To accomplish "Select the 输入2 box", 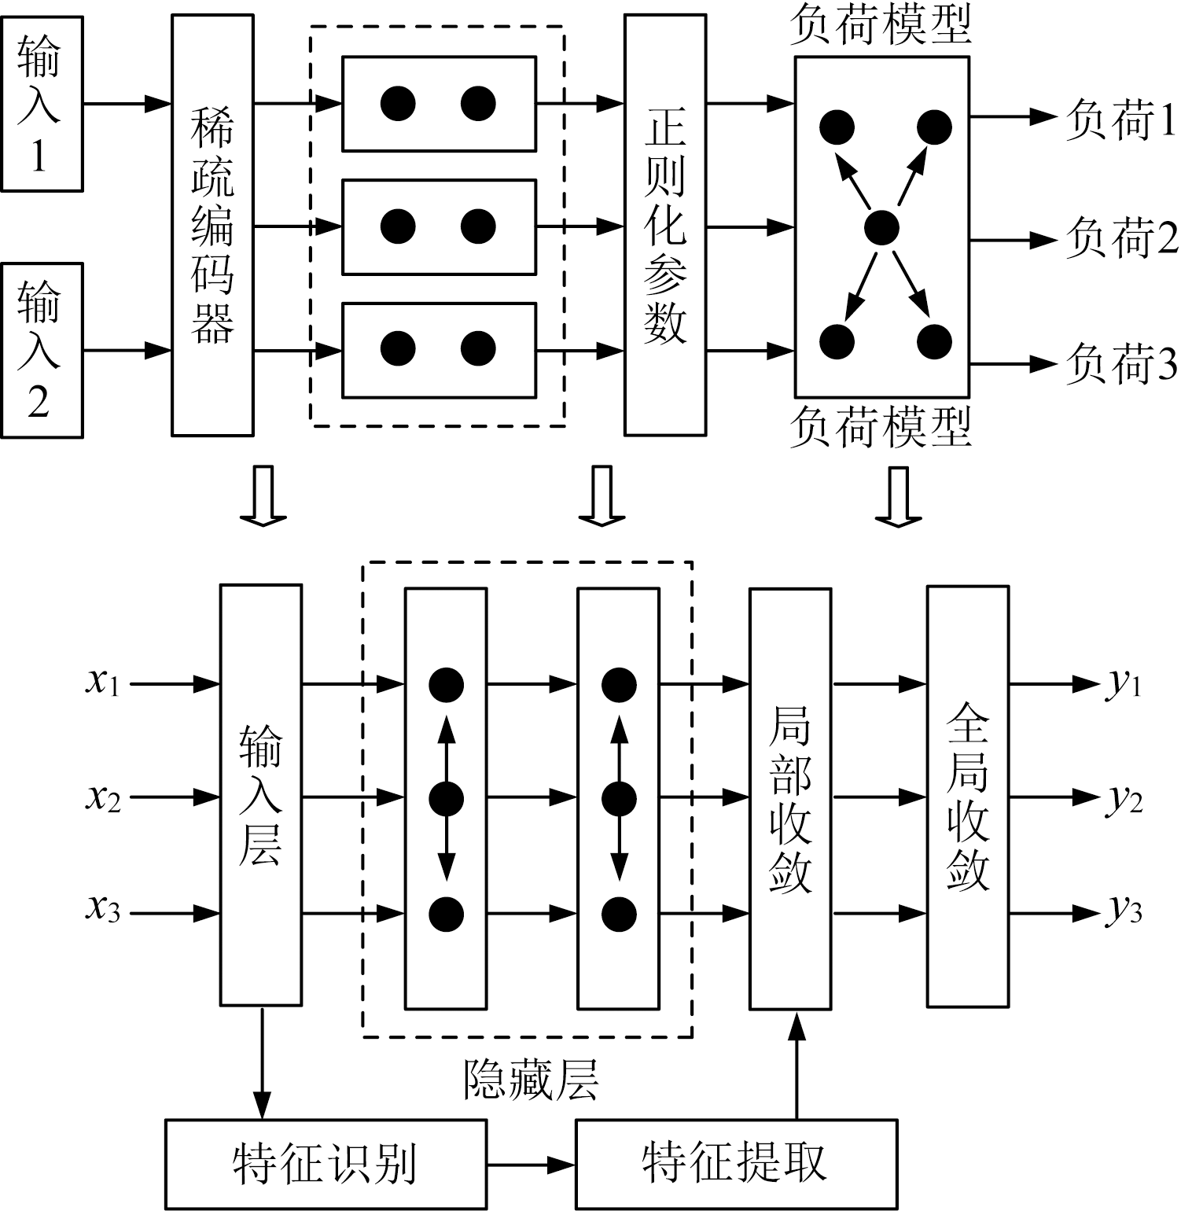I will coord(41,350).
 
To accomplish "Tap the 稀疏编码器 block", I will coord(212,226).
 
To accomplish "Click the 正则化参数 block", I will coord(665,226).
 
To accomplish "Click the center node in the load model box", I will coord(881,228).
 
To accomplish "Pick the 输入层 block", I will coord(260,794).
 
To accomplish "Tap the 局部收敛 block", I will coord(789,798).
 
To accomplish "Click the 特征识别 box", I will coord(325,1164).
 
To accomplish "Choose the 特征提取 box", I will coord(735,1164).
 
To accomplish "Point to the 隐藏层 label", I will coord(531,1079).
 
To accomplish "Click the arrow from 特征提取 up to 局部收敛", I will coord(798,1066).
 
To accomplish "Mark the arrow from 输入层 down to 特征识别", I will coord(261,1062).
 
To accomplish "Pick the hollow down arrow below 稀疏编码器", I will coord(263,495).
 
